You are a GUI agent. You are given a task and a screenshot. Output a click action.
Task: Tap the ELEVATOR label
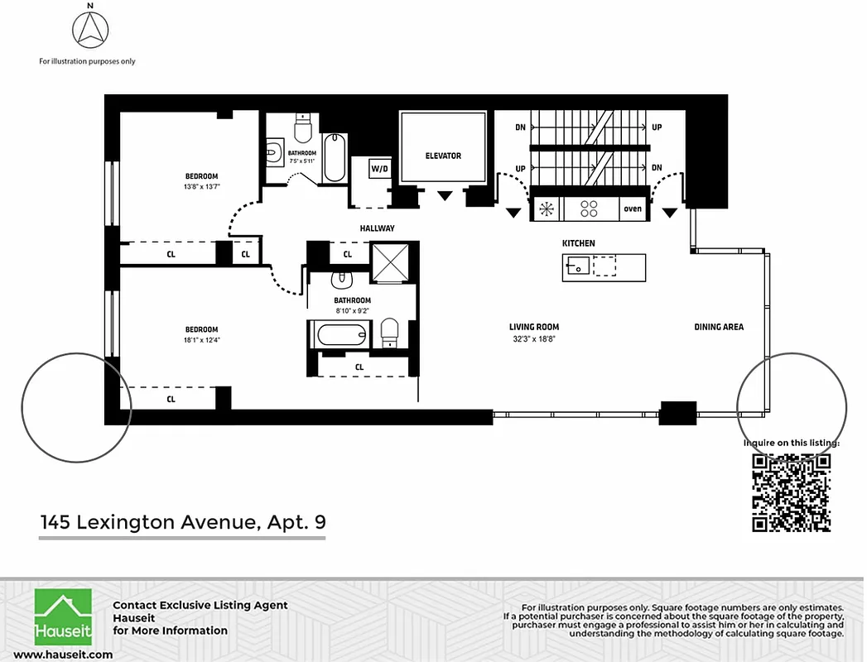click(443, 156)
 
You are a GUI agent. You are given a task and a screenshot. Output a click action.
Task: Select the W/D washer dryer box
click(379, 169)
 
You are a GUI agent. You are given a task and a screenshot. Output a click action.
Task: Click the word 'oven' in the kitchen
click(633, 209)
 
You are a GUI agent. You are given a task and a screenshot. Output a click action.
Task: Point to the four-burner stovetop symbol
click(589, 209)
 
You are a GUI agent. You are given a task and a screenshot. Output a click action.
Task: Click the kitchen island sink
click(577, 266)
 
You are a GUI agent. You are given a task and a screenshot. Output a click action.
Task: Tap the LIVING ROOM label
click(533, 327)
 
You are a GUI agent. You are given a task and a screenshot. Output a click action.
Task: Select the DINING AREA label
click(718, 327)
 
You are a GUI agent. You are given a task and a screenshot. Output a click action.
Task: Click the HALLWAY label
click(377, 228)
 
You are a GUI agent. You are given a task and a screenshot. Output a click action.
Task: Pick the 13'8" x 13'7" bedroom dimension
click(201, 186)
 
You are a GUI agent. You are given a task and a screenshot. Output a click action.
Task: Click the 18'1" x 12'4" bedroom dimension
click(201, 339)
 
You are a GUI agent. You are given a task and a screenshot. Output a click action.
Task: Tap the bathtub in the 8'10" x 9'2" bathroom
click(340, 336)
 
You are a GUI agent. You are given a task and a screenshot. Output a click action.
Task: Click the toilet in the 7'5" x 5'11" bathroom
click(303, 130)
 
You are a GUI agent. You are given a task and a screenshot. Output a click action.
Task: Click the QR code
click(791, 492)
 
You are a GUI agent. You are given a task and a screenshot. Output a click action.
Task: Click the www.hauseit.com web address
click(63, 655)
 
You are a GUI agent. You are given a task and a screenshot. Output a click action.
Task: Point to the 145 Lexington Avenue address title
click(183, 522)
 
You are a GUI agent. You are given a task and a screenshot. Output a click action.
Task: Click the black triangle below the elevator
click(446, 196)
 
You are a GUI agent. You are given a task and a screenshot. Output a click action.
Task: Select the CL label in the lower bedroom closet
click(171, 399)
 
